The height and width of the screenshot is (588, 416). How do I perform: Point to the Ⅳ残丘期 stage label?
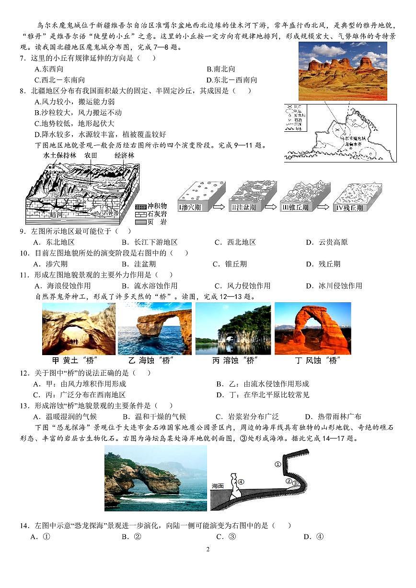(x=350, y=208)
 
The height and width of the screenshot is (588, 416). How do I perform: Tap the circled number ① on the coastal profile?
(x=277, y=463)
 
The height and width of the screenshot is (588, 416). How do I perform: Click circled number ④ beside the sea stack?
(x=241, y=482)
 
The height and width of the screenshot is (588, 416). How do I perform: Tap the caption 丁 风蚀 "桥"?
(x=312, y=360)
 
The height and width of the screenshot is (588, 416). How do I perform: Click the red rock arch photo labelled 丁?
(x=312, y=329)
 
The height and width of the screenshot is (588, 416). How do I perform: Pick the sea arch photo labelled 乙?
(x=154, y=329)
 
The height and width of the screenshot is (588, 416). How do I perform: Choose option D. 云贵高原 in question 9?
(x=327, y=242)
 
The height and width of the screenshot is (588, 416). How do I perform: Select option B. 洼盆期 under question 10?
(x=139, y=264)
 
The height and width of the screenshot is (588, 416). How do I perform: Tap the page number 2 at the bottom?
(x=208, y=549)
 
